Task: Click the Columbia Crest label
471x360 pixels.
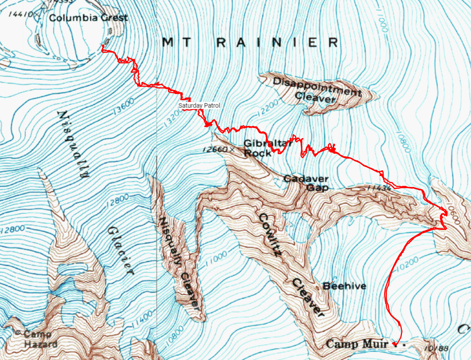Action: pos(88,18)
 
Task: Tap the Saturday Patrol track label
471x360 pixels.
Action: pos(199,106)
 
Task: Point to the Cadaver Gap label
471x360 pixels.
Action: pos(306,183)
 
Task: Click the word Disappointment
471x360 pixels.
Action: pos(316,86)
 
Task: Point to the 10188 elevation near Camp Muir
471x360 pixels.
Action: pos(435,348)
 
